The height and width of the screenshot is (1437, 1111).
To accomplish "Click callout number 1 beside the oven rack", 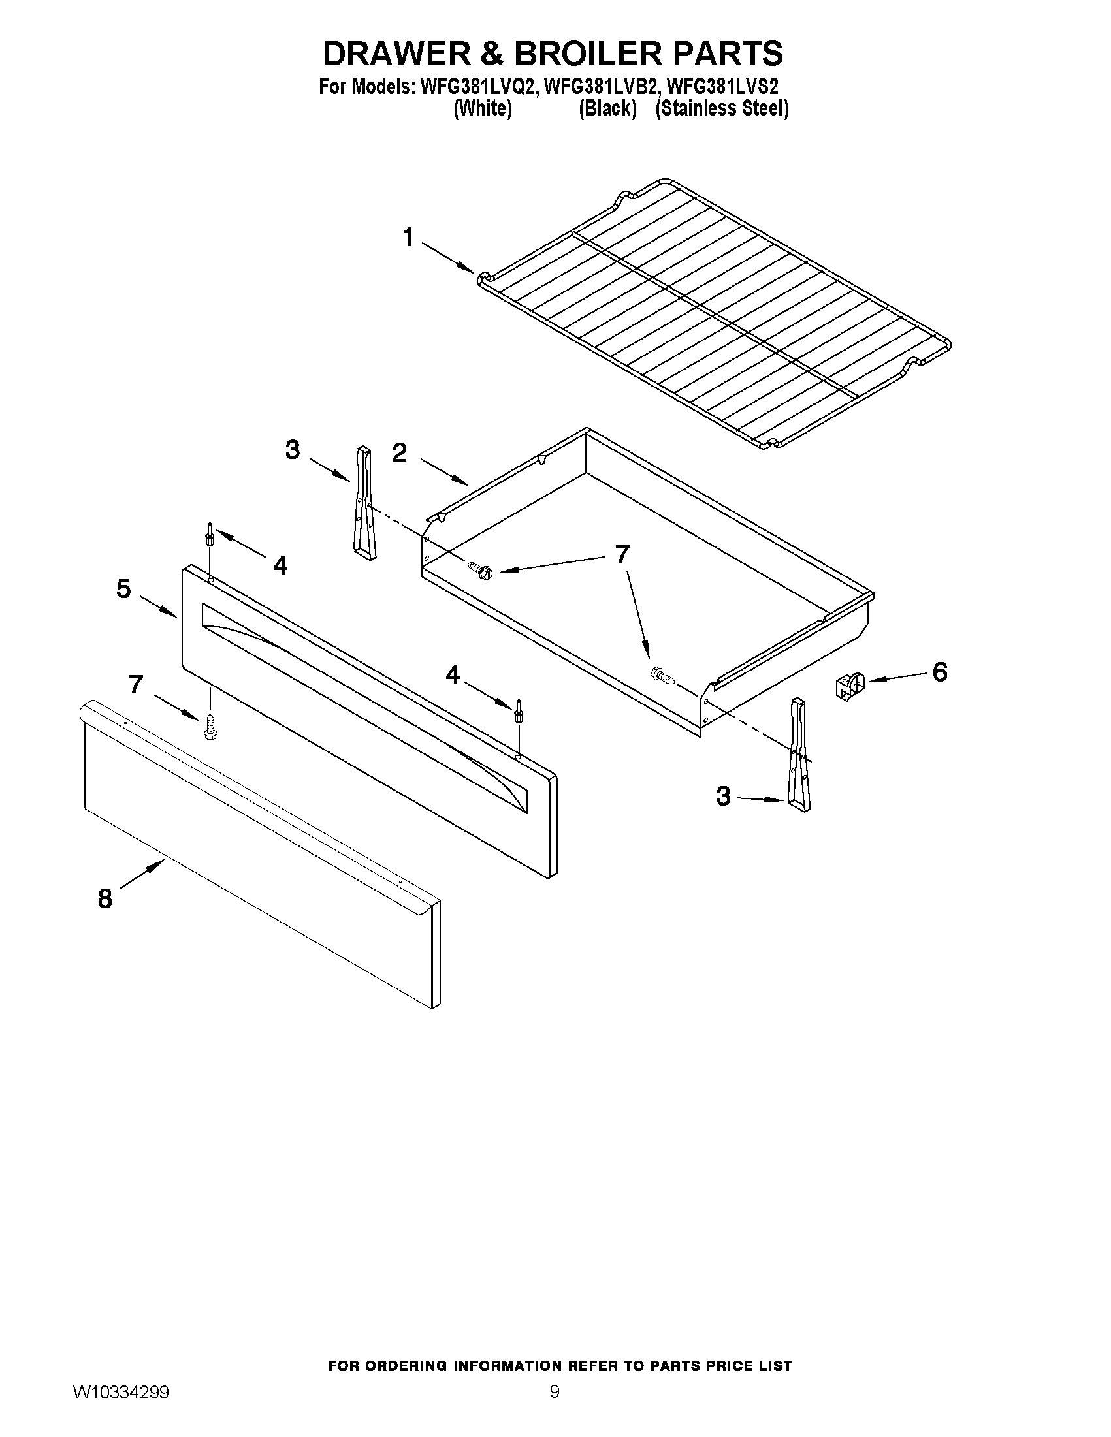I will (408, 238).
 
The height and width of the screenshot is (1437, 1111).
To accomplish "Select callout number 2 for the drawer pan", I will (400, 452).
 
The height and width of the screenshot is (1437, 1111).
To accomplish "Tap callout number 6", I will (939, 672).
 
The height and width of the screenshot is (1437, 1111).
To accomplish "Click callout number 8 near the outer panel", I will (105, 898).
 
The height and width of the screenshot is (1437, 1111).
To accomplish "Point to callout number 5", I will (123, 589).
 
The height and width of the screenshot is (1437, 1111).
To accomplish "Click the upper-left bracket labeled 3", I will (363, 503).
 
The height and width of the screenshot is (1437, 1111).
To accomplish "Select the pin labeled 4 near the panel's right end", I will (518, 711).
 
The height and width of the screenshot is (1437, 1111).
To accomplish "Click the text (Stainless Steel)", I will (722, 108).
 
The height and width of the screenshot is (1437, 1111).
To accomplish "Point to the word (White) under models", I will (483, 108).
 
